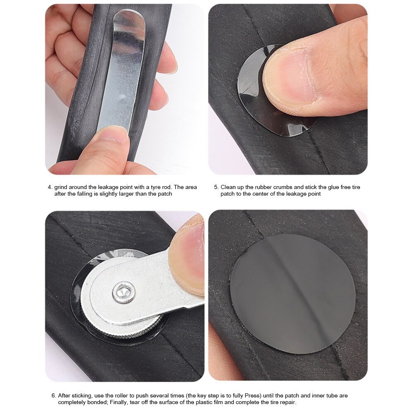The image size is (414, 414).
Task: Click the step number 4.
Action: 50,187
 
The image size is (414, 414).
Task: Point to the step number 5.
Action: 216,187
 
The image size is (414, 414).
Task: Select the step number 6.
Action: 54,395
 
